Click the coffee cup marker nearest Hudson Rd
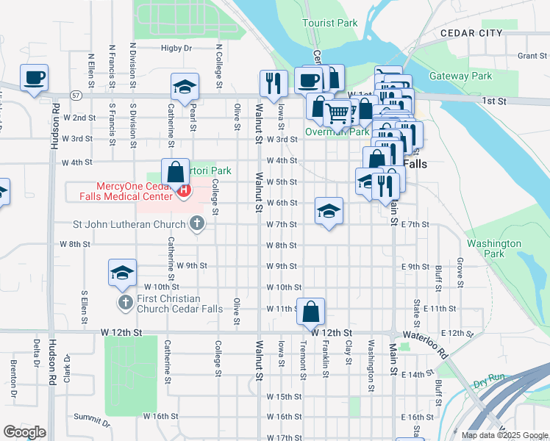tap(35, 78)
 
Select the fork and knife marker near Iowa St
tap(274, 83)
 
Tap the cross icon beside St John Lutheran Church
tap(196, 223)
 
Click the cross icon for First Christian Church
tap(125, 302)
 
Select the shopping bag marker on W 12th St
tap(311, 311)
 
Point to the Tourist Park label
tap(330, 23)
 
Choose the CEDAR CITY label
tap(471, 33)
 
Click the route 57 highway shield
tap(76, 96)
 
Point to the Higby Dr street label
tap(176, 49)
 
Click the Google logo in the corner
tap(24, 431)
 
